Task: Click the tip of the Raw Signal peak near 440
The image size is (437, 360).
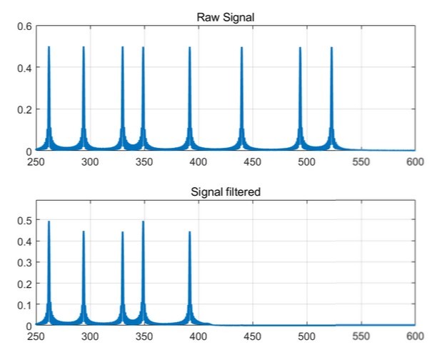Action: (241, 48)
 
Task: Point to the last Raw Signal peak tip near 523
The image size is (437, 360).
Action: (331, 48)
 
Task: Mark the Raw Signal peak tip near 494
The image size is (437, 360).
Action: (300, 48)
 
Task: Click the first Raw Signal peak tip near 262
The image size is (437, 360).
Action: (49, 48)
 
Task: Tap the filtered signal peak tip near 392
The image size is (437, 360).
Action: (189, 232)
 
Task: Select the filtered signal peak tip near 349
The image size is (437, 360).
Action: (143, 222)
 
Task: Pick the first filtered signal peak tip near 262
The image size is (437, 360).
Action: (49, 222)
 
